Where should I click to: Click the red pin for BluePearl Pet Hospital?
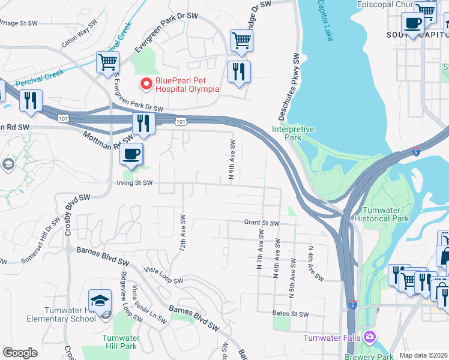[145, 84]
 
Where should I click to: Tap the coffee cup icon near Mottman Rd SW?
[130, 154]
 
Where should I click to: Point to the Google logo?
[20, 353]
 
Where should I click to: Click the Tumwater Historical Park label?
[390, 214]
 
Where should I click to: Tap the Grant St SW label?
[262, 223]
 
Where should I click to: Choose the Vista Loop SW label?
[163, 275]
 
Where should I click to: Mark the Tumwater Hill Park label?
[120, 342]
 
